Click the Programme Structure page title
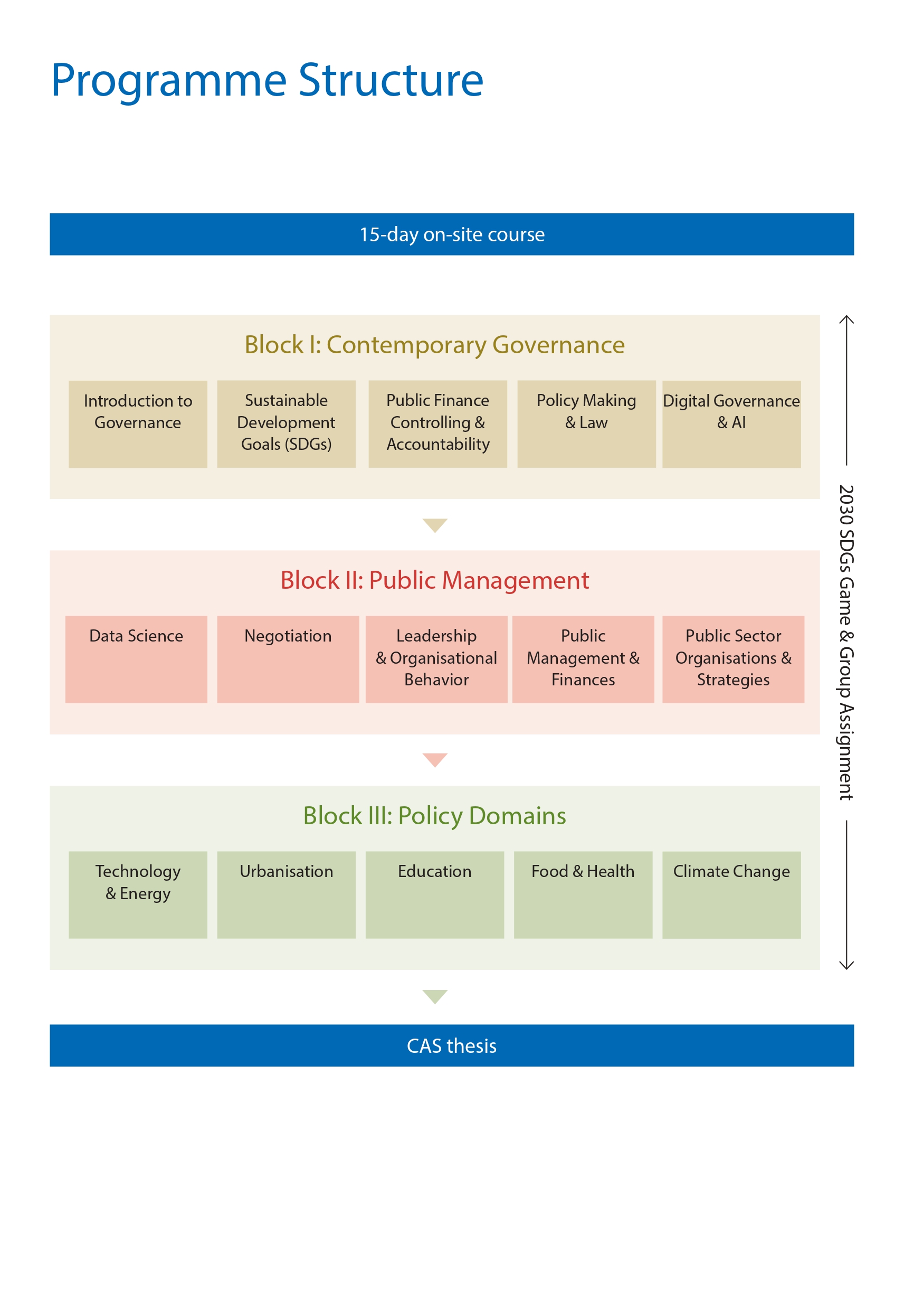[x=267, y=80]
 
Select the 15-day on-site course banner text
[x=451, y=234]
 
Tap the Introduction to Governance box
[x=138, y=424]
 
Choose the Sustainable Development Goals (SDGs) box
[x=286, y=424]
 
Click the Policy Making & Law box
[x=586, y=424]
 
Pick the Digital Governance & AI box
[x=731, y=424]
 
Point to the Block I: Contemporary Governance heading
[x=434, y=344]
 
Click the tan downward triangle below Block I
[x=434, y=525]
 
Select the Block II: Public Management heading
[x=434, y=580]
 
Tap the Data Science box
[x=136, y=659]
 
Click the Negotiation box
[x=288, y=659]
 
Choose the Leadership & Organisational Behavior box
[x=436, y=659]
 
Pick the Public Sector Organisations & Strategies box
[x=733, y=659]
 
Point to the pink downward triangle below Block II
[x=434, y=759]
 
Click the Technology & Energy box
[x=138, y=894]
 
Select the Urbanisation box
[x=286, y=894]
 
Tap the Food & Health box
[x=583, y=894]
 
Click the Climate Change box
[x=731, y=894]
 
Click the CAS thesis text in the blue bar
[x=451, y=1045]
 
